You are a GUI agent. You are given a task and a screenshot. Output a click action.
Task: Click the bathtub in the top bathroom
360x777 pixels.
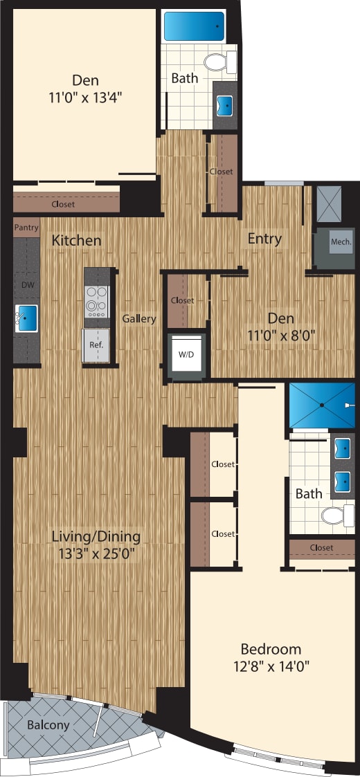tap(194, 26)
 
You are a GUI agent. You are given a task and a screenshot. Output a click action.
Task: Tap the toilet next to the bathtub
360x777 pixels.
tap(219, 63)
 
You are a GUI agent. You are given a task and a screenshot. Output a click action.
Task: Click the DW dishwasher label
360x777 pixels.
tap(26, 285)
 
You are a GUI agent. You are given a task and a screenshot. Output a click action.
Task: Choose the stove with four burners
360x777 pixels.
tap(96, 301)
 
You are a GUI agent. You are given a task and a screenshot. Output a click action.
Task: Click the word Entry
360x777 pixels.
tap(265, 239)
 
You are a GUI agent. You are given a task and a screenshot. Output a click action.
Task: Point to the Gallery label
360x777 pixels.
tap(139, 319)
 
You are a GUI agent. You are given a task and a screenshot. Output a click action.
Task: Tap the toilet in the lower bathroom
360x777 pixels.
tap(337, 515)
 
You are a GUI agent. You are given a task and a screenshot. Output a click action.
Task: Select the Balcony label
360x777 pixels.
tap(48, 725)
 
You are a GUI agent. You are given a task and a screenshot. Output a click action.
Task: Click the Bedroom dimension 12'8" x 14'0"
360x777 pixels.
tap(271, 667)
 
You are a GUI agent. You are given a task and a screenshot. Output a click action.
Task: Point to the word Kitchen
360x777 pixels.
tap(76, 241)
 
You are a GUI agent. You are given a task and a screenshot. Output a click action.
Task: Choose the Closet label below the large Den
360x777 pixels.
tap(63, 204)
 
